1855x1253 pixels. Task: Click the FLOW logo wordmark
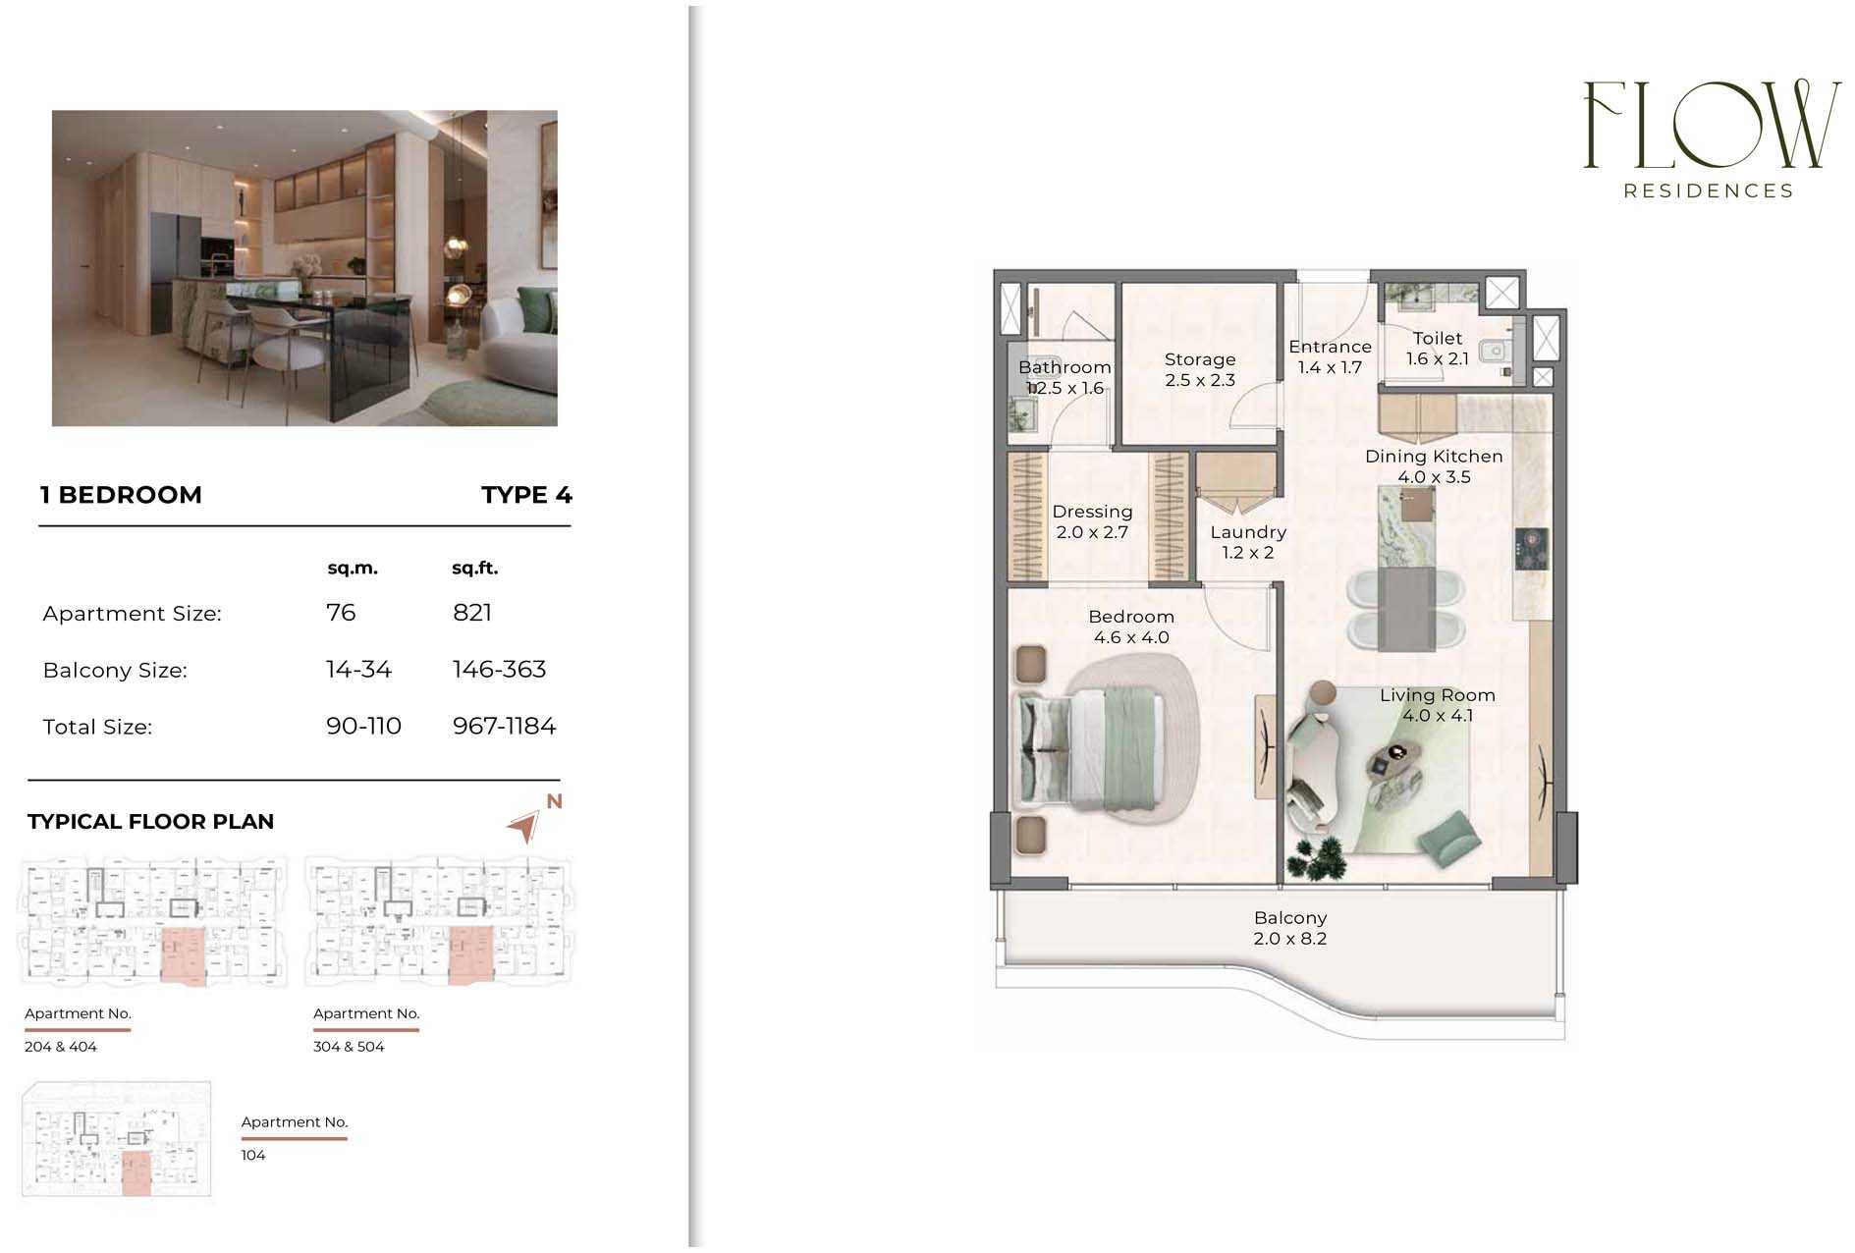click(1712, 125)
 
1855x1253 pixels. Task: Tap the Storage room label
click(1200, 370)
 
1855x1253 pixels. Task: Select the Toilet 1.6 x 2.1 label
click(1438, 349)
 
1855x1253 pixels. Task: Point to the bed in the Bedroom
click(1090, 749)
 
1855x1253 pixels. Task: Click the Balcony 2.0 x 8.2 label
click(1290, 928)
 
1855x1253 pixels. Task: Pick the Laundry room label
click(1248, 542)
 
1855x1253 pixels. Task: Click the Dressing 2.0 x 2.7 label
click(1092, 521)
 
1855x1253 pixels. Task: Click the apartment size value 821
click(472, 613)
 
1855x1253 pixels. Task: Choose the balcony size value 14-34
click(358, 670)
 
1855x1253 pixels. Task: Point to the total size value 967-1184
click(504, 727)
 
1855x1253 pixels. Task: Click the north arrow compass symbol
click(526, 826)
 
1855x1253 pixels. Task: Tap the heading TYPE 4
click(526, 495)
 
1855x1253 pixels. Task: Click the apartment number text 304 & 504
click(349, 1047)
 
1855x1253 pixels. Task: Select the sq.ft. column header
click(475, 569)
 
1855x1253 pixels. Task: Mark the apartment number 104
click(253, 1155)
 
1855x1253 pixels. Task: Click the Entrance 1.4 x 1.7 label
click(1330, 357)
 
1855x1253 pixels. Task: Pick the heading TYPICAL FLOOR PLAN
click(150, 822)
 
